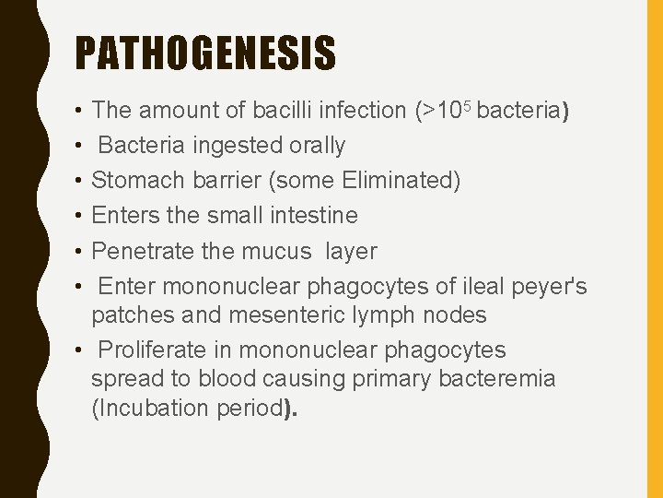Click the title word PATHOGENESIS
tap(205, 53)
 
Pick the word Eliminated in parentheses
tap(395, 181)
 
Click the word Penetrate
tap(138, 251)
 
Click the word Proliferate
tap(162, 350)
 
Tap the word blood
tap(234, 380)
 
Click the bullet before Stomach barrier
tap(80, 181)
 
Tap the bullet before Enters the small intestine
tap(80, 216)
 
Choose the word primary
tap(381, 380)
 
